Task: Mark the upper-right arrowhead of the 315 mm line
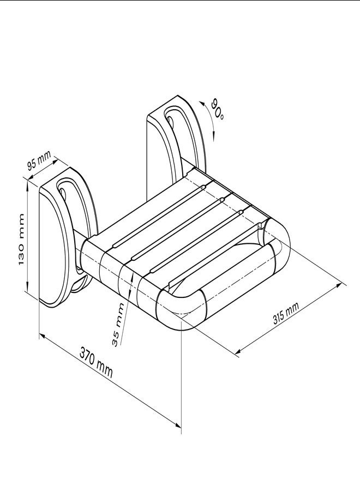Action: click(x=342, y=284)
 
